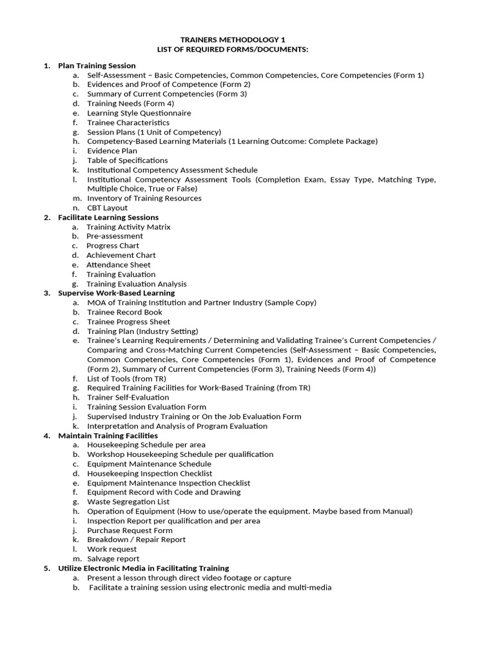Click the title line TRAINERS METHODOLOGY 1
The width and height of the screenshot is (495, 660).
[x=247, y=40]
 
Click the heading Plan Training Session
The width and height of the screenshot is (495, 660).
[x=97, y=66]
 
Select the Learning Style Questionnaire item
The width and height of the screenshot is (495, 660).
[x=139, y=113]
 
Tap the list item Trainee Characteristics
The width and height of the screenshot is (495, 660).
[x=128, y=122]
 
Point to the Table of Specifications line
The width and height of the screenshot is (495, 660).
[x=127, y=160]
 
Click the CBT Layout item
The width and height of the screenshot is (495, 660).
[x=107, y=208]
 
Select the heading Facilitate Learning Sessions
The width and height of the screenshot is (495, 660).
[x=108, y=217]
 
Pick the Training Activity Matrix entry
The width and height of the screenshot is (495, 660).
[x=128, y=227]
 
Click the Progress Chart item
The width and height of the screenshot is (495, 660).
[x=113, y=246]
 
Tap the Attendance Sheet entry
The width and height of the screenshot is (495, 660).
[x=119, y=265]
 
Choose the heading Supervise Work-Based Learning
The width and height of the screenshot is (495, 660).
[x=116, y=293]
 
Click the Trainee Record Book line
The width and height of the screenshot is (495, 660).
[x=124, y=312]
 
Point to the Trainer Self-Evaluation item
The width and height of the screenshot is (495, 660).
[x=128, y=398]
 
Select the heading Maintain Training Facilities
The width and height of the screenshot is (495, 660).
[x=108, y=436]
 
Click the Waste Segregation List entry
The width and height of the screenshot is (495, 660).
[x=128, y=501]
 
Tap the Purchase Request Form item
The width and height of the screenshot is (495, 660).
[x=130, y=530]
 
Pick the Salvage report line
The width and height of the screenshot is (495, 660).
[x=113, y=559]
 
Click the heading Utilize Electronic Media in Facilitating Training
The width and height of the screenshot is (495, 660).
[x=143, y=568]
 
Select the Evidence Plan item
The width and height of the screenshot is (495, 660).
[x=112, y=151]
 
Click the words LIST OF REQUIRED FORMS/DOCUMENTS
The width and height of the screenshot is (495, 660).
[x=247, y=50]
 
